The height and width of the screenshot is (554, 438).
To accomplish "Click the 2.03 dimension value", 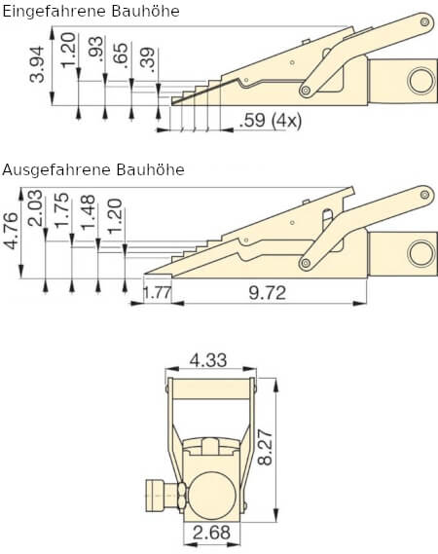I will tap(36, 211).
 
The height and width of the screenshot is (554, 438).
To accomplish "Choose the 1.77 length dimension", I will tap(157, 290).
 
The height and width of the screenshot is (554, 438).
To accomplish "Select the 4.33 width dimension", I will tap(208, 360).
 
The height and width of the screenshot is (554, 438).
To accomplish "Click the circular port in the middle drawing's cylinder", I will tap(420, 253).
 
